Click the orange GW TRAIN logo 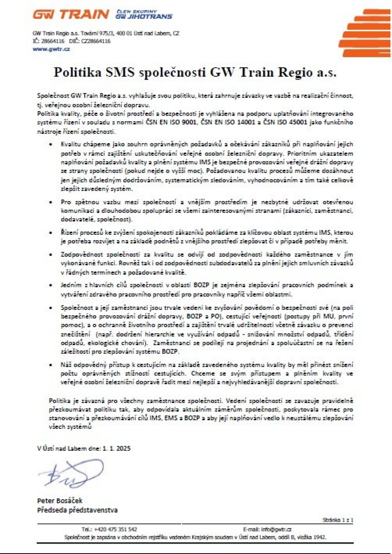[71, 15]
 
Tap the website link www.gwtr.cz [51, 49]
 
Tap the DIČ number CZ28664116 [96, 41]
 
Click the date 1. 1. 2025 [116, 448]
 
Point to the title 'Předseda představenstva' [77, 510]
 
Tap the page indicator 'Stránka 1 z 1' [338, 520]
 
